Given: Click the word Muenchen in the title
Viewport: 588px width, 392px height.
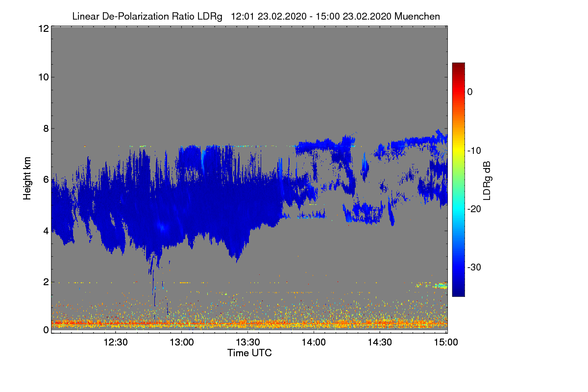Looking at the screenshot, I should (x=417, y=16).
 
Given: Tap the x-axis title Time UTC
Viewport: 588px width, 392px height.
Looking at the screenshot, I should (x=249, y=353).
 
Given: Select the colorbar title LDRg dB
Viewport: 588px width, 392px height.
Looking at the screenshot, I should (x=487, y=180).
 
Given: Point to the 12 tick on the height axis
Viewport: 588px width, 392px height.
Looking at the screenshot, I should (x=43, y=28).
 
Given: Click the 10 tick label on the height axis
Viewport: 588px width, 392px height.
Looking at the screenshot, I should (x=43, y=77).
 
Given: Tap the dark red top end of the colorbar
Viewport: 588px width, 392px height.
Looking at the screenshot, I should (x=458, y=65).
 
